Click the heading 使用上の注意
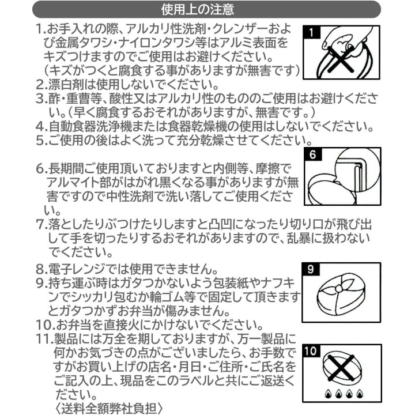[198, 9]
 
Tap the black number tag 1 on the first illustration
[311, 32]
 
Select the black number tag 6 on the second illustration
[313, 154]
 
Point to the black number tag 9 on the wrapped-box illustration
[311, 269]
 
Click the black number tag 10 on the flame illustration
[311, 351]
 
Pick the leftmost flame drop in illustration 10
[328, 394]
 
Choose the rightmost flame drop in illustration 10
[359, 394]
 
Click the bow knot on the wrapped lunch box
[338, 288]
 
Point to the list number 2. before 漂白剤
[41, 85]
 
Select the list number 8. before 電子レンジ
[41, 269]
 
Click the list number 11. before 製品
[45, 339]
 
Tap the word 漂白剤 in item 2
[66, 85]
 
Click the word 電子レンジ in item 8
[78, 269]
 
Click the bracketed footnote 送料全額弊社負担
[109, 409]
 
